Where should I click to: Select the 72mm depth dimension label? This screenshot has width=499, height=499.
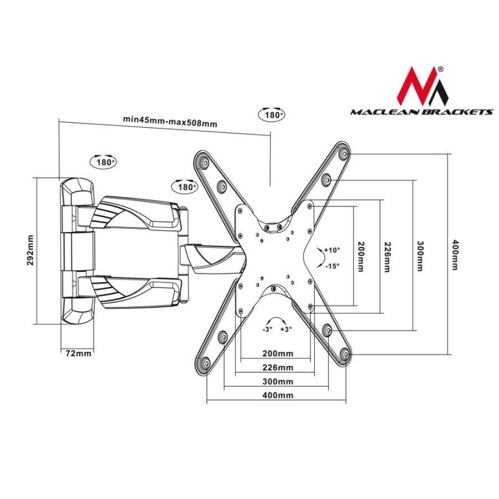coord(79,353)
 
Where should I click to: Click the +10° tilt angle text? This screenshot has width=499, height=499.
coord(332,249)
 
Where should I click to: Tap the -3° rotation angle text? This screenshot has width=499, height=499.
coord(266,329)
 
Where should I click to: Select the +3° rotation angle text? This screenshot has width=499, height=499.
coord(286,329)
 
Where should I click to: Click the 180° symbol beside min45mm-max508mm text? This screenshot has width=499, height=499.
coord(270,115)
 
